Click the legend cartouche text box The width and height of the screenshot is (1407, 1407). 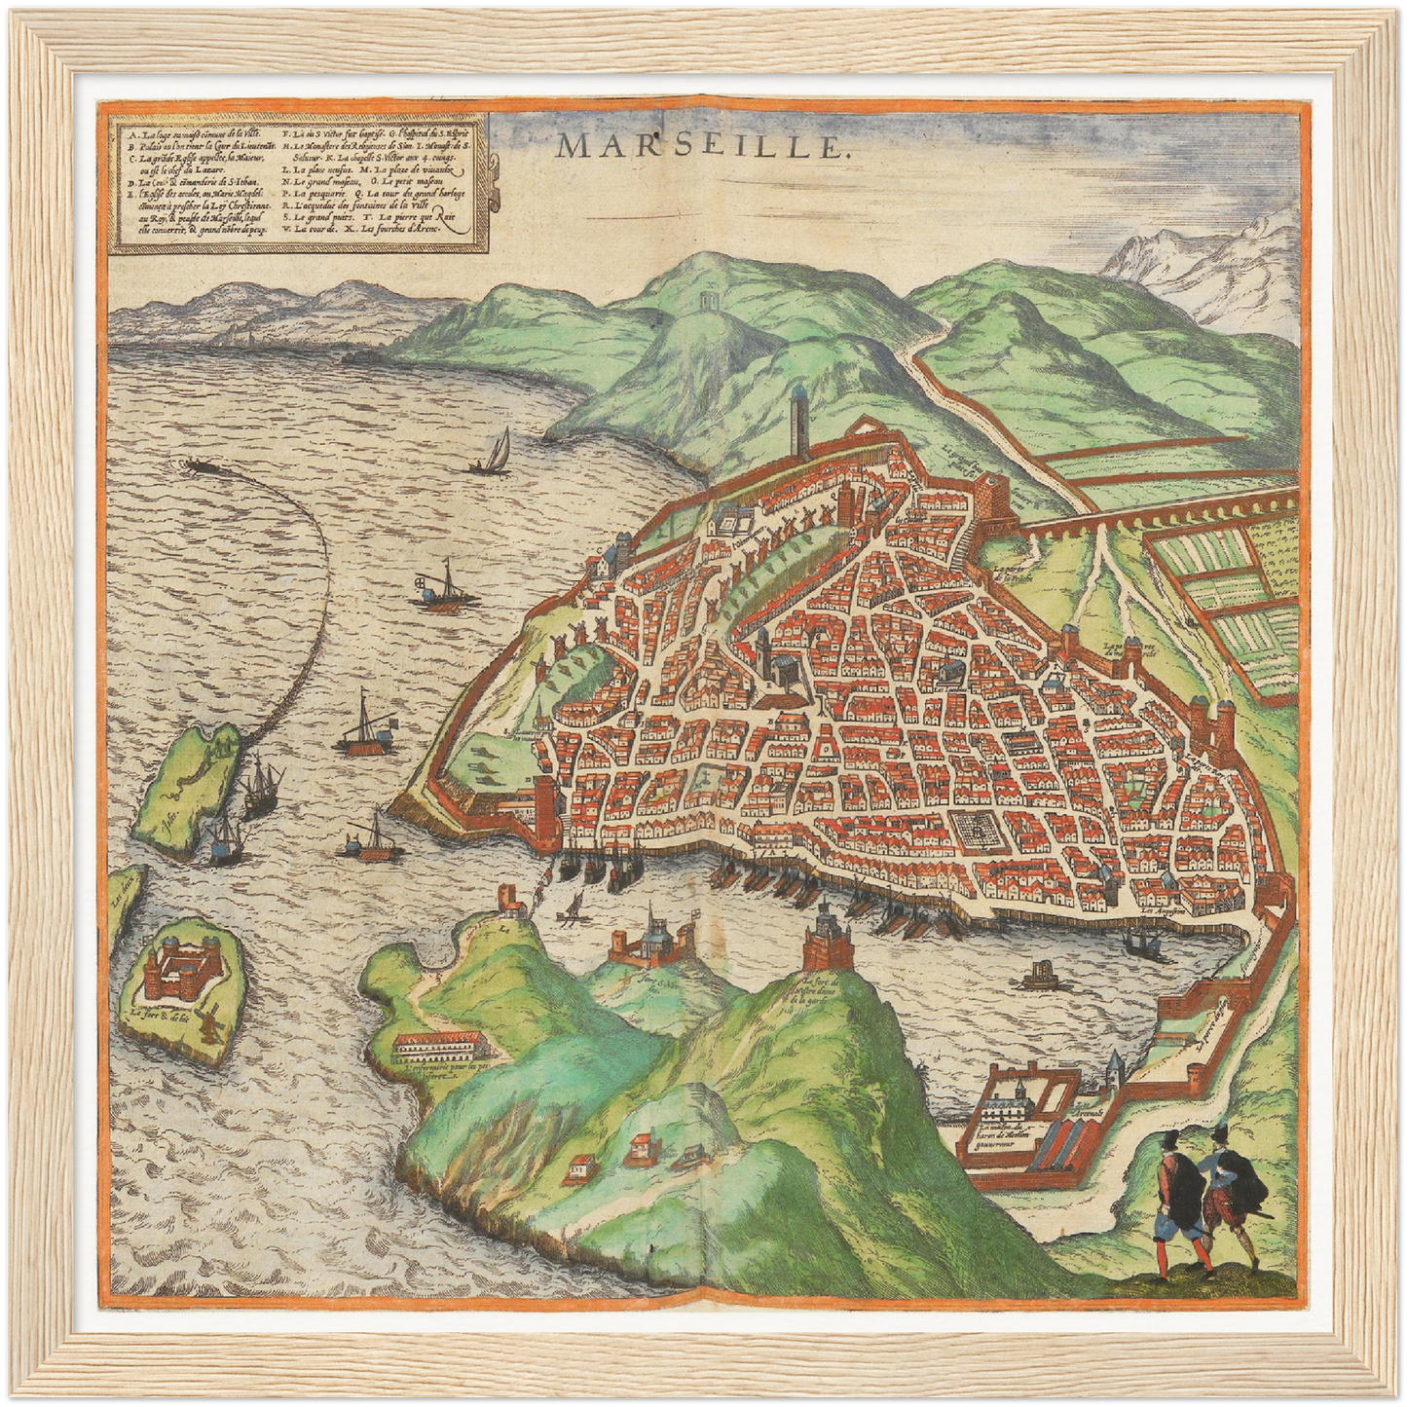click(x=298, y=185)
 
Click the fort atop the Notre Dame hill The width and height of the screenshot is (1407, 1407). click(x=828, y=939)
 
